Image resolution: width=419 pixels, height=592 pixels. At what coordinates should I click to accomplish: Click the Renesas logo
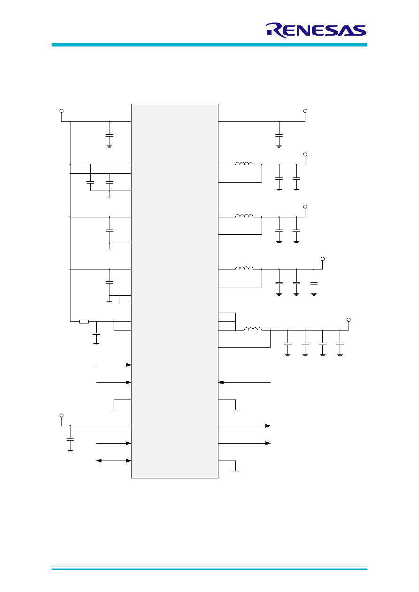coord(316,31)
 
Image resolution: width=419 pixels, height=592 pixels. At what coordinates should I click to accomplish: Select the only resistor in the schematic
coord(84,322)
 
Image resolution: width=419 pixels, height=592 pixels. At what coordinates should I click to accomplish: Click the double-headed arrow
coord(114,461)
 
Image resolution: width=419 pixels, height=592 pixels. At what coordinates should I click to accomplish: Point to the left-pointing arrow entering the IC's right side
coord(244,382)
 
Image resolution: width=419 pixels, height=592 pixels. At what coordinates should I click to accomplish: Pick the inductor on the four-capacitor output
coord(253,329)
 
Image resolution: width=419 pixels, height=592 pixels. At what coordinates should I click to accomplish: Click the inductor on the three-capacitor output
coord(244,268)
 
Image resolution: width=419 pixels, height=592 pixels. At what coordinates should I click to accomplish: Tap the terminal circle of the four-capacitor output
coord(349,320)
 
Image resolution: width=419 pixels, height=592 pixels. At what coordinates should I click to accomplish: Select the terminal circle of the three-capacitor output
coord(323,259)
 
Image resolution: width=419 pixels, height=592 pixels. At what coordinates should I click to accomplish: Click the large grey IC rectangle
coord(175,291)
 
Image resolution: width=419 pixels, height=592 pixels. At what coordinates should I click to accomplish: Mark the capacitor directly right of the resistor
coord(96,334)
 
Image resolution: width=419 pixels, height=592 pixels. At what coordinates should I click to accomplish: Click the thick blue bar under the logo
coord(209,45)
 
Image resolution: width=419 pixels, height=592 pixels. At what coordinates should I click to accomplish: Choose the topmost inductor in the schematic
coord(244,163)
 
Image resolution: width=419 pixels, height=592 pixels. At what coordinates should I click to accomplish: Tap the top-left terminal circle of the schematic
coord(62,111)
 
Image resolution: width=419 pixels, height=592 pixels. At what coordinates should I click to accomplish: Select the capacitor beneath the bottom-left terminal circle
coord(70,439)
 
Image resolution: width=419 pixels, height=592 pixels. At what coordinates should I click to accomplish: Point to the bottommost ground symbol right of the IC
coord(235,471)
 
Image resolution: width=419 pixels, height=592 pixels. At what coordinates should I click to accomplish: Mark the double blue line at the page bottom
coord(209,568)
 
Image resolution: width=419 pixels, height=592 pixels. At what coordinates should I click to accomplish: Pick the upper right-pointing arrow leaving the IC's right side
coord(244,426)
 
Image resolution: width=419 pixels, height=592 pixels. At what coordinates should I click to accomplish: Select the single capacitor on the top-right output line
coord(279,135)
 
